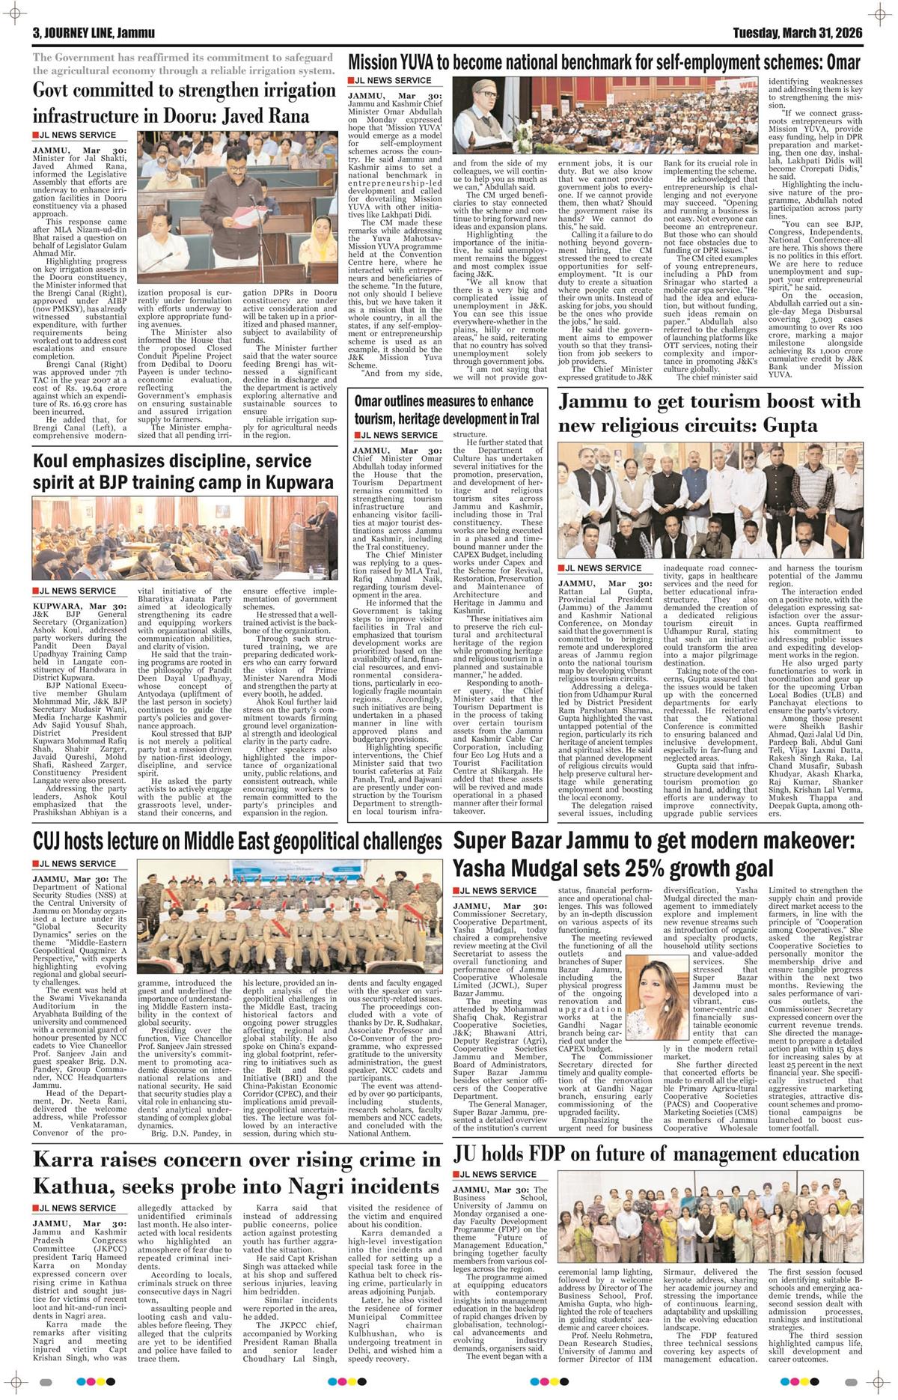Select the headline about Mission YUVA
coord(604,62)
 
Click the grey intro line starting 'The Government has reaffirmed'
coord(183,64)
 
